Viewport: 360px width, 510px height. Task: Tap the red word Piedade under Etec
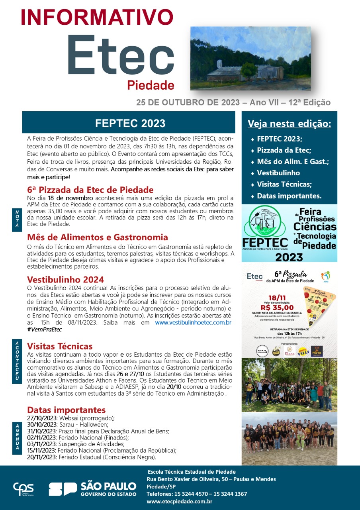tap(151, 85)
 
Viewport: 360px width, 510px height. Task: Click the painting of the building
tap(250, 58)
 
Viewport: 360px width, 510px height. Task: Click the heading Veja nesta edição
tap(289, 124)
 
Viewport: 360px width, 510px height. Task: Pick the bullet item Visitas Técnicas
tap(284, 184)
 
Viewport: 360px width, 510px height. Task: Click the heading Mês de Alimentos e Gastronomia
tap(97, 237)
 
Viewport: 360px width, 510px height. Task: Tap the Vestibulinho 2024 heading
tap(65, 279)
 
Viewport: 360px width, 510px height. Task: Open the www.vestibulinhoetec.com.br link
tap(193, 322)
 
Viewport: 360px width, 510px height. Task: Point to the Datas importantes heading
tap(66, 410)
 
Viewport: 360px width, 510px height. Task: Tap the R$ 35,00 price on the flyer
tap(277, 307)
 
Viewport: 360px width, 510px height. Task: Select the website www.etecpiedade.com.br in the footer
tap(179, 501)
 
